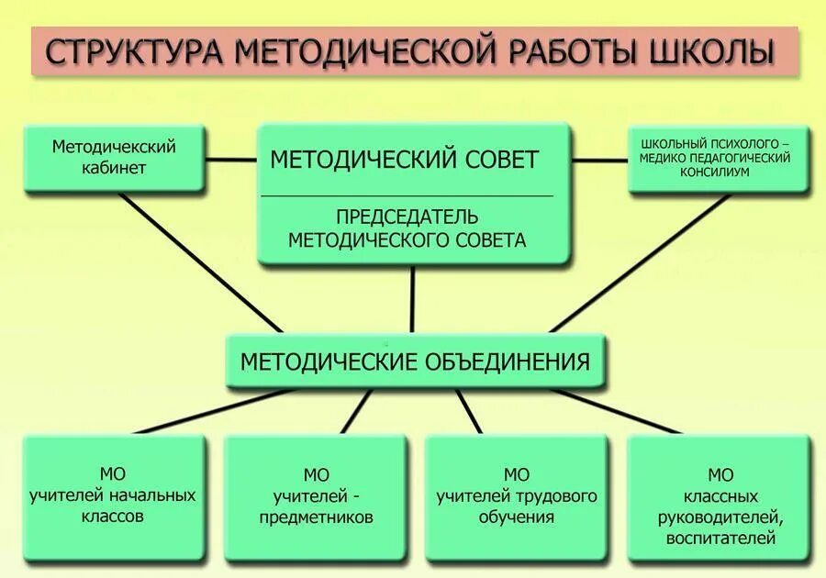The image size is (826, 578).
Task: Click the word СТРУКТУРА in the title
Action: pos(134,52)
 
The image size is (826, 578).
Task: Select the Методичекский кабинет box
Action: pos(114,158)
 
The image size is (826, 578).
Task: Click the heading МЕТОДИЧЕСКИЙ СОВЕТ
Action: pos(404,160)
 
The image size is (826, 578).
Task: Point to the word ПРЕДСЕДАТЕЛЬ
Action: pos(407,217)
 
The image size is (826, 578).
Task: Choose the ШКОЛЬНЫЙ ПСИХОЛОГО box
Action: pos(718,158)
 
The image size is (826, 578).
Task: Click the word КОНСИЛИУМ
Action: pos(718,172)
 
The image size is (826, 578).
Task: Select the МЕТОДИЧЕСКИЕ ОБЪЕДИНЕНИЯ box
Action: pos(415,361)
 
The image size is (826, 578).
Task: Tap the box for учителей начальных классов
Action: pos(113,496)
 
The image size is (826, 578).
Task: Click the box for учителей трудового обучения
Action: pos(517,496)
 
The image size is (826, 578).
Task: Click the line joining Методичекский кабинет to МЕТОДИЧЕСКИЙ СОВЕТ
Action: pos(230,160)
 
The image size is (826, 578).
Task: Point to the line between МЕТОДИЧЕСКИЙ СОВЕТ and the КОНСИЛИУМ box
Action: pos(599,160)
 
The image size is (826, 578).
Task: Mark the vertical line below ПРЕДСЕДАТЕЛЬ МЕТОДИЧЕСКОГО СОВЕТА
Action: pos(412,299)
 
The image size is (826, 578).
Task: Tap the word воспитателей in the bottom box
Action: pos(721,539)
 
